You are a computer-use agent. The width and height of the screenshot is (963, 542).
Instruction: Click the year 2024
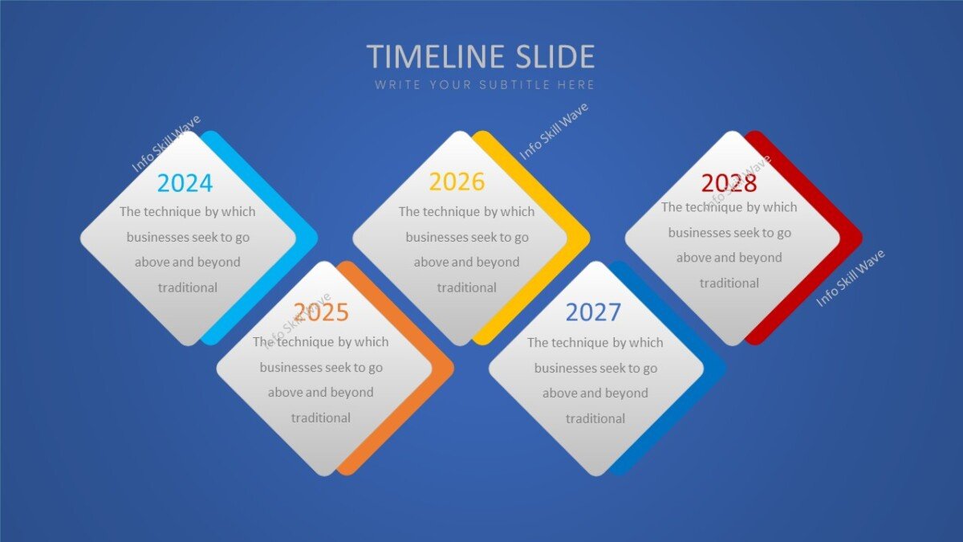pos(185,183)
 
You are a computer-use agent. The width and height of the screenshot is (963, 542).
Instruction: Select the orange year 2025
pos(321,312)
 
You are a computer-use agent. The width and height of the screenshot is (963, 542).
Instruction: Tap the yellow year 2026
pos(457,181)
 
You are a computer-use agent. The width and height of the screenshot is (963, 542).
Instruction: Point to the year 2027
pos(593,312)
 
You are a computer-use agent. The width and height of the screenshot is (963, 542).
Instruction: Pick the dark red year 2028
pos(729,183)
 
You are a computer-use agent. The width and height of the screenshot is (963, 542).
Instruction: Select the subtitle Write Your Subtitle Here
pos(484,84)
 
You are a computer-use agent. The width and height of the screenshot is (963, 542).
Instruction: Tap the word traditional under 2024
pos(188,287)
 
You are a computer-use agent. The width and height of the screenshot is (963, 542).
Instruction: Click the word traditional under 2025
pos(321,418)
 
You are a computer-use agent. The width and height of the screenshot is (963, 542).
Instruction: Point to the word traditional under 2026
pos(467,287)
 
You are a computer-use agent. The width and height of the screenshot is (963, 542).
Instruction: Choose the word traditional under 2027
pos(595,418)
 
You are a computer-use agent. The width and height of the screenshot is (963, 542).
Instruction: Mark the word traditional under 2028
pos(729,283)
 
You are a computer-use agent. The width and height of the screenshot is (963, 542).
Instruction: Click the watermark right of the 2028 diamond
pos(851,278)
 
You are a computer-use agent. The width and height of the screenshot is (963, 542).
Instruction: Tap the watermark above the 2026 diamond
pos(554,131)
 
